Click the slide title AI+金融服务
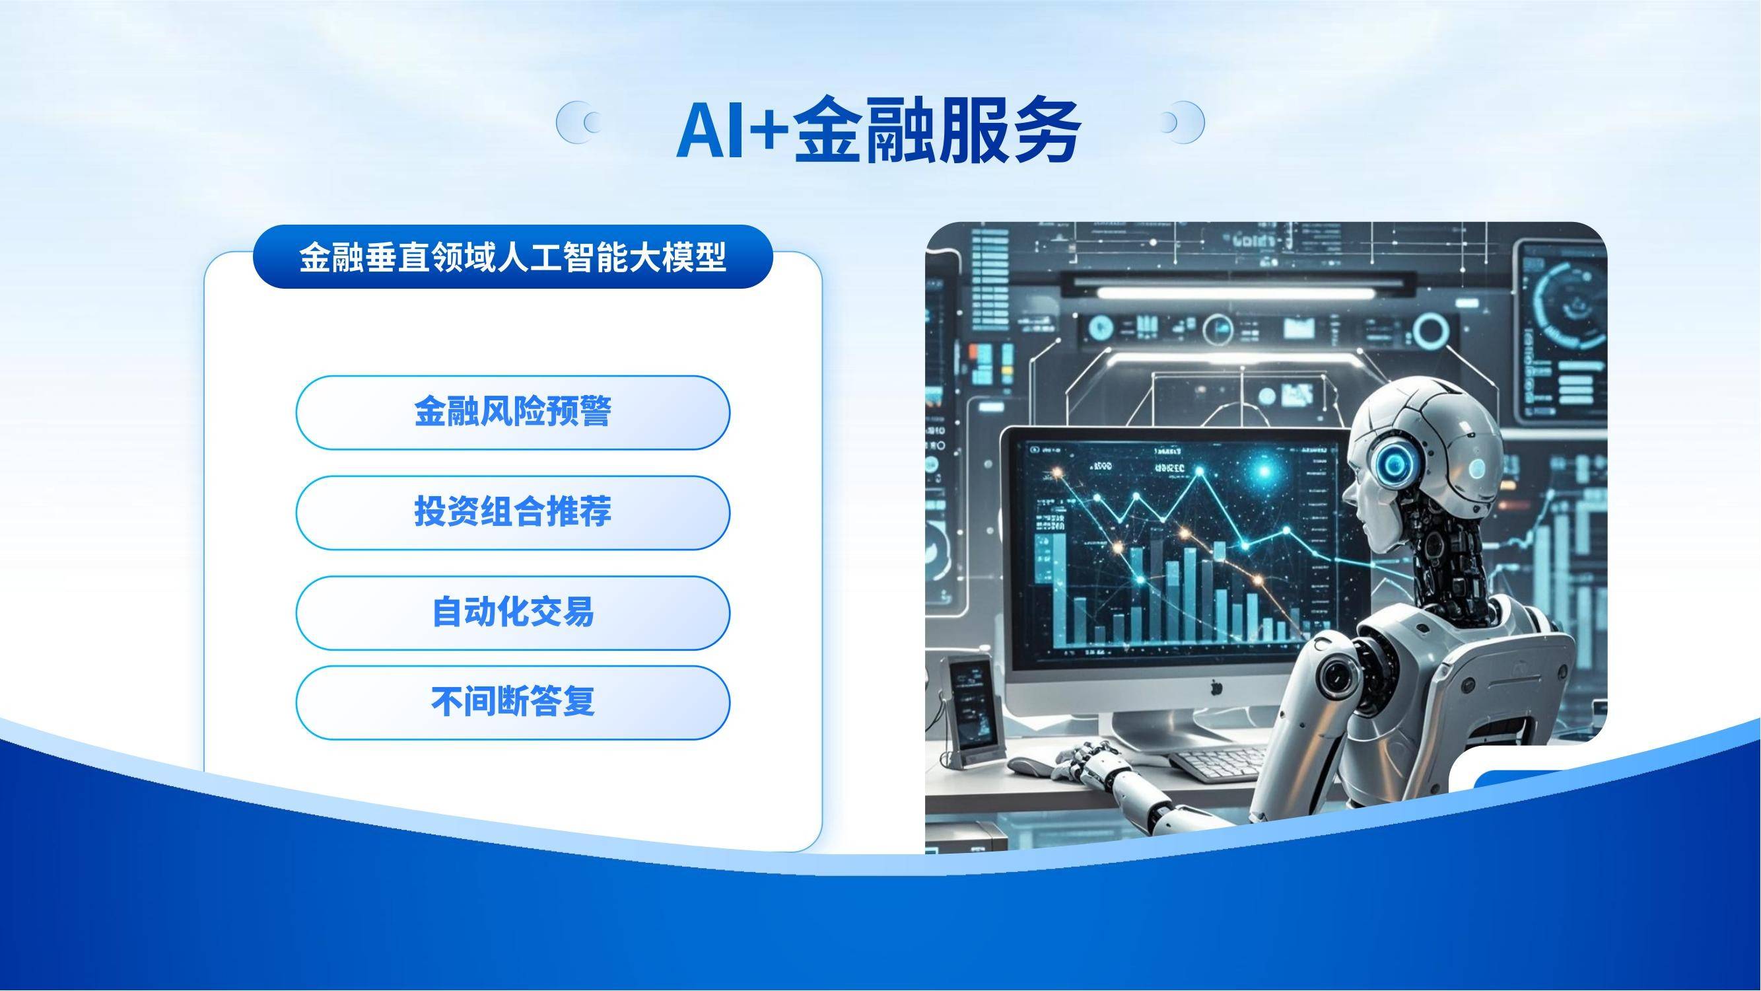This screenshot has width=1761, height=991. [878, 130]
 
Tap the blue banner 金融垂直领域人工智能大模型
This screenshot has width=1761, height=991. [512, 257]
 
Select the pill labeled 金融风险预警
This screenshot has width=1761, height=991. [512, 412]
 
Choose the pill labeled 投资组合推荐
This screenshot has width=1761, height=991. [512, 512]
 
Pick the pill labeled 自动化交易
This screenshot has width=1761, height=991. [512, 612]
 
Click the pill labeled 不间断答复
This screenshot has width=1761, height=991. [512, 702]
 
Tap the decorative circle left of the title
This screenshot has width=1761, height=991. [578, 122]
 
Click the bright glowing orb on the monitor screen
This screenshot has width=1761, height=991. [1264, 470]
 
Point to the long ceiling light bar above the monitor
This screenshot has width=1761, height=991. [1234, 293]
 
